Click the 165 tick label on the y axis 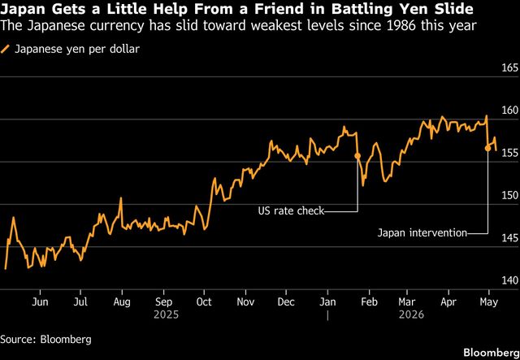click(510, 68)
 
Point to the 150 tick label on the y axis click(510, 196)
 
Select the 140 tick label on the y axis click(510, 280)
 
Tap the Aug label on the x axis click(122, 302)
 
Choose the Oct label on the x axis click(204, 302)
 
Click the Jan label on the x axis click(327, 302)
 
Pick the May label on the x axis click(489, 302)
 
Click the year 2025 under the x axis click(166, 314)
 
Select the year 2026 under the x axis click(411, 314)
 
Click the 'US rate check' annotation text click(291, 211)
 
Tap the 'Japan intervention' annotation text click(422, 233)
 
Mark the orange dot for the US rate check click(357, 156)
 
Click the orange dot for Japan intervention click(487, 149)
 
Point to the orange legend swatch click(5, 50)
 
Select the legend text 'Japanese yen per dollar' click(77, 50)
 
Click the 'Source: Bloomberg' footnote click(45, 339)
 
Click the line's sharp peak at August click(121, 197)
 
